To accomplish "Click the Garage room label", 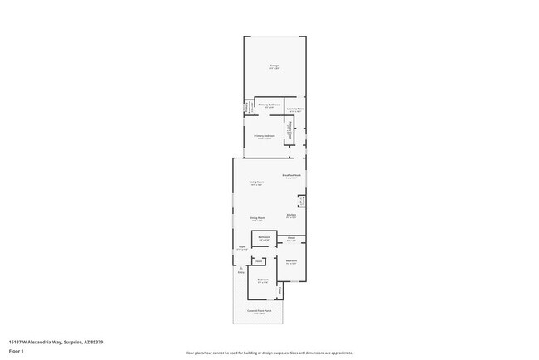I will pyautogui.click(x=274, y=66).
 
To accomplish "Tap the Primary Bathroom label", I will pyautogui.click(x=269, y=105).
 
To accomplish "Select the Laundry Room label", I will pyautogui.click(x=295, y=109).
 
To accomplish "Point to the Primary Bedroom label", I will pyautogui.click(x=265, y=136).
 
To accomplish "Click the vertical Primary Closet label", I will pyautogui.click(x=288, y=133).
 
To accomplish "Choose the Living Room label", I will pyautogui.click(x=256, y=182).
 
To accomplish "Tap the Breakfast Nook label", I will pyautogui.click(x=291, y=175).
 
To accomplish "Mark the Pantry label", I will pyautogui.click(x=303, y=201).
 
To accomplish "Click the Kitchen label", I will pyautogui.click(x=291, y=215).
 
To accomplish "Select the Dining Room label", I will pyautogui.click(x=256, y=218).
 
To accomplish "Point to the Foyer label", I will pyautogui.click(x=242, y=246).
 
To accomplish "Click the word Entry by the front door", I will pyautogui.click(x=240, y=272).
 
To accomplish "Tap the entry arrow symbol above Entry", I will pyautogui.click(x=240, y=268).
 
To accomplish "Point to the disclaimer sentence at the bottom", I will pyautogui.click(x=269, y=353).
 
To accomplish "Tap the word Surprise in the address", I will pyautogui.click(x=72, y=341).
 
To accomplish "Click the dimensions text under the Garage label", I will pyautogui.click(x=274, y=68).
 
